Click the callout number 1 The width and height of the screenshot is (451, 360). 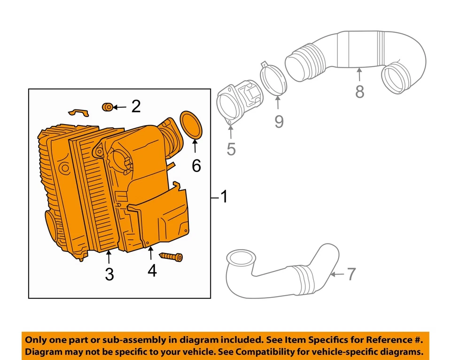(x=224, y=197)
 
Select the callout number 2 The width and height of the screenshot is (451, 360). (x=136, y=106)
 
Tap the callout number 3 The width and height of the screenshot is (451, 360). (x=109, y=274)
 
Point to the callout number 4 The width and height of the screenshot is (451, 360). (x=151, y=271)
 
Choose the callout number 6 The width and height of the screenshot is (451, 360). (x=196, y=165)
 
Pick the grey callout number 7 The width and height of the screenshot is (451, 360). (x=351, y=274)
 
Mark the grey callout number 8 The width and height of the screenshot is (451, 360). (x=359, y=92)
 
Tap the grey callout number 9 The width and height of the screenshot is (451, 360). (x=279, y=122)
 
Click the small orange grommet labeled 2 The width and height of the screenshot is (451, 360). (x=108, y=108)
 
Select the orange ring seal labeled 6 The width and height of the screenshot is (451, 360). (x=192, y=125)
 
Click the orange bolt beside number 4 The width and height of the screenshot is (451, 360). (x=171, y=257)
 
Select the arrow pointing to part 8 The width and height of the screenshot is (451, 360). (x=359, y=75)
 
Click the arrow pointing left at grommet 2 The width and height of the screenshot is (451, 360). (x=119, y=108)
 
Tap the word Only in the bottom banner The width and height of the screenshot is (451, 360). (x=36, y=340)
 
